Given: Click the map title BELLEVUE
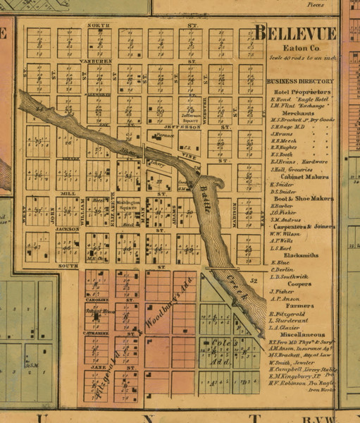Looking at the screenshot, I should [x=295, y=33].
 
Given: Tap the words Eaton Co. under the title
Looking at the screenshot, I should [x=294, y=47].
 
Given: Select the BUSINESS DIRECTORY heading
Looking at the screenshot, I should [x=300, y=81].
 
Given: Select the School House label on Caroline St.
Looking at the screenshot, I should [x=96, y=310].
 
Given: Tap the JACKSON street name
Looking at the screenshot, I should [x=68, y=229].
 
